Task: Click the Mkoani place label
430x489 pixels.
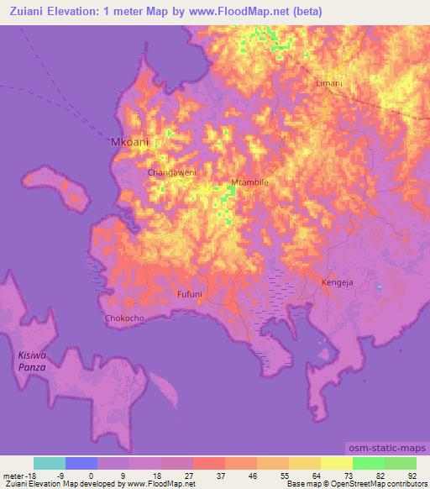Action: [130, 143]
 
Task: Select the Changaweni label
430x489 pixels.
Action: [171, 172]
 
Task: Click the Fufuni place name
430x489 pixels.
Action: [190, 294]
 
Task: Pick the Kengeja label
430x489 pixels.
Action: [337, 283]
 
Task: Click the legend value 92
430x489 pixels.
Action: [412, 475]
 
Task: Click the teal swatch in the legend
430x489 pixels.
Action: [50, 463]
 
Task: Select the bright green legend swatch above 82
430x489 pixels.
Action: [369, 463]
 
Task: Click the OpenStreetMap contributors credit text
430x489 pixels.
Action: [377, 484]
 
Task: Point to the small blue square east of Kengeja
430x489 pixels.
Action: [379, 288]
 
